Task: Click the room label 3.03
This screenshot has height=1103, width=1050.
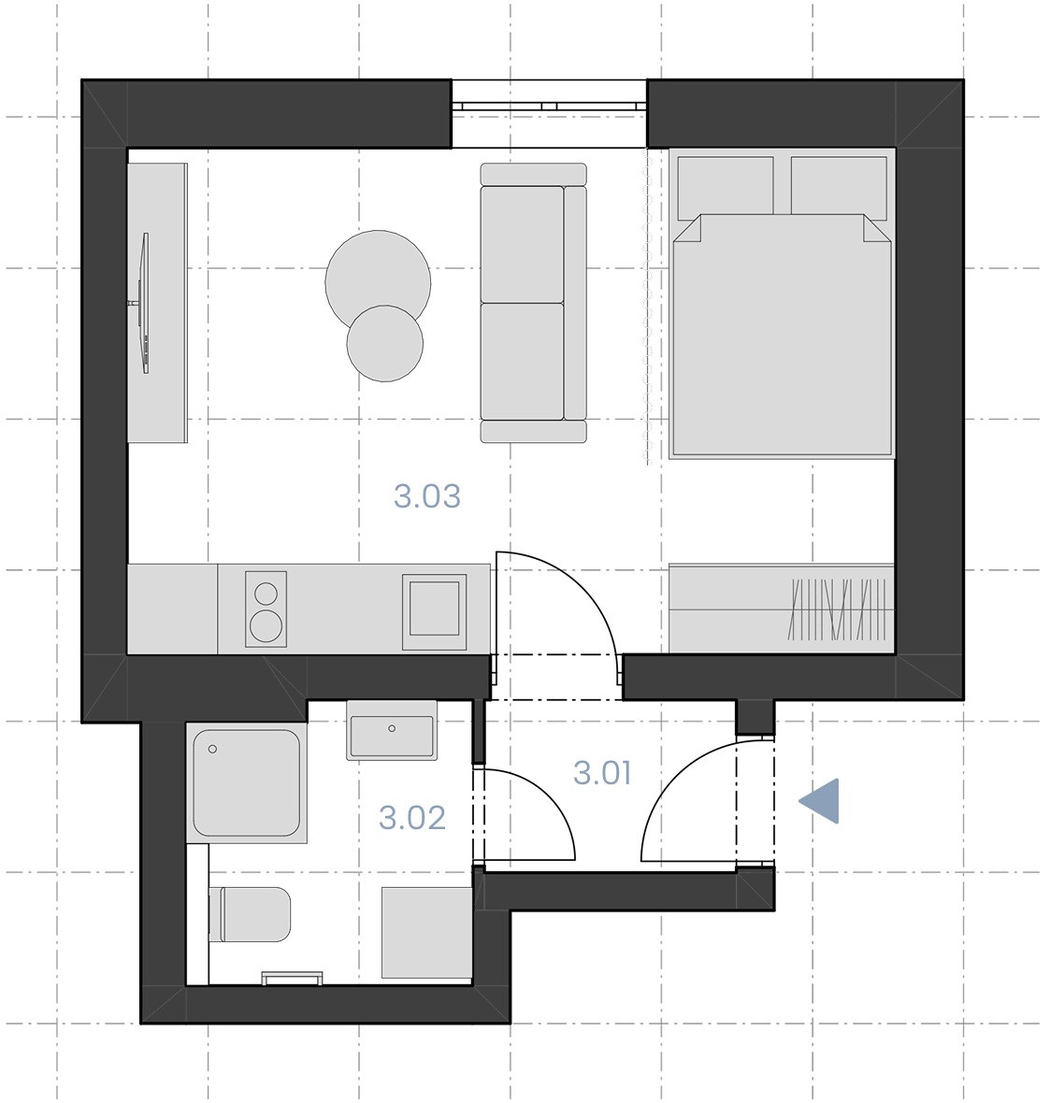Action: point(427,496)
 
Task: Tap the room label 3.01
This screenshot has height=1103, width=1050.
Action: point(602,773)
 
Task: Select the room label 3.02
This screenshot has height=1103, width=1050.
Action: point(411,817)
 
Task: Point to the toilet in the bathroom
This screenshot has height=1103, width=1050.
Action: point(251,914)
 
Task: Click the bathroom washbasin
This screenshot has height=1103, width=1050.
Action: point(392,729)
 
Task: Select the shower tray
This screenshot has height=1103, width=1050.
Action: point(247,783)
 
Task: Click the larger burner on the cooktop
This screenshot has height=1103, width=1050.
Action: point(266,625)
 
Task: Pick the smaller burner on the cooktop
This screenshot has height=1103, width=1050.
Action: point(266,594)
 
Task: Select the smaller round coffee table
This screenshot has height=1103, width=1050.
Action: point(385,344)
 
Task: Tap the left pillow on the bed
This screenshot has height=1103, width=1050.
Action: point(726,186)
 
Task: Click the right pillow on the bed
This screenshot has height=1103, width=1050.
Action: point(839,186)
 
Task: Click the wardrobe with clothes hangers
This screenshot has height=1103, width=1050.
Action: point(781,608)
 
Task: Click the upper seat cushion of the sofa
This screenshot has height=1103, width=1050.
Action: point(522,244)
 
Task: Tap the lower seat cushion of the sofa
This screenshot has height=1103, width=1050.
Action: point(522,362)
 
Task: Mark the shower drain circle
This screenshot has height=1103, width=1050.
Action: point(212,749)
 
